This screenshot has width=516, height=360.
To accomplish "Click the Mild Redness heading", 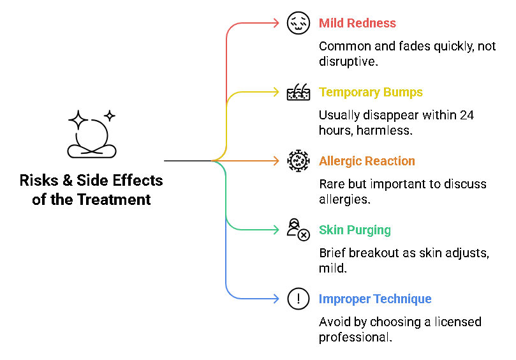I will pos(357,24).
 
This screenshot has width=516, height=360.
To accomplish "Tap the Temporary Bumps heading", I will pos(371,93).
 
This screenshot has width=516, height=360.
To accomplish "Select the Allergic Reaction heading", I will pos(367,161).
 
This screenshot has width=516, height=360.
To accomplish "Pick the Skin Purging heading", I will pos(355,230).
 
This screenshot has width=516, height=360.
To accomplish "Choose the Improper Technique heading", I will pos(375,299).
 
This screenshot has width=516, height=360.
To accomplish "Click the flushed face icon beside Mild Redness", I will pos(298,24).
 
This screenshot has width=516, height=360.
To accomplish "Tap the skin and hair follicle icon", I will pos(298,92).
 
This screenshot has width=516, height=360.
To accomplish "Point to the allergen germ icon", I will pos(298,161).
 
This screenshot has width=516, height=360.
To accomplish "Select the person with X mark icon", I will pos(298,230).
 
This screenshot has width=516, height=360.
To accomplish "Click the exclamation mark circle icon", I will pos(298,299).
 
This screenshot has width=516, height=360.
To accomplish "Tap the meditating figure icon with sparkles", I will pos(92,134).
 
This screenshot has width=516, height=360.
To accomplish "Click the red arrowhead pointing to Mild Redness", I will pos(276,24).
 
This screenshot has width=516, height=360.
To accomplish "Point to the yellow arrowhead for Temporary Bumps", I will pos(276,93).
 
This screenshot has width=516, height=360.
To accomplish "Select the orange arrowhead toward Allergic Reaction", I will pos(276,161).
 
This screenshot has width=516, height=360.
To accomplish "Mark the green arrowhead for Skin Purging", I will pos(276,230).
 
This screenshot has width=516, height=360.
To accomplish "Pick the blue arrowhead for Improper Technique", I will pos(276,299).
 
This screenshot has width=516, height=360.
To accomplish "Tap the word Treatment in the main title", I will pos(114,200).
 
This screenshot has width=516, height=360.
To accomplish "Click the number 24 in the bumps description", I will pos(467,116).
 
